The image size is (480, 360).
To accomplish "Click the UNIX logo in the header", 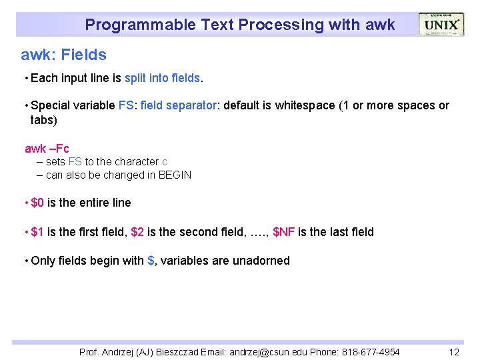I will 441,25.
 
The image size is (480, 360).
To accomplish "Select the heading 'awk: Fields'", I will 64,54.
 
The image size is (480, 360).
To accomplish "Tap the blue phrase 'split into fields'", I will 162,78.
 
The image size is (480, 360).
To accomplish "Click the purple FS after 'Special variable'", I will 125,105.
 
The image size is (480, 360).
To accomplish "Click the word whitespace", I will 305,105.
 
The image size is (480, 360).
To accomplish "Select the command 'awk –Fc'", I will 47,148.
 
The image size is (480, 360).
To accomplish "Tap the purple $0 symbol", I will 37,203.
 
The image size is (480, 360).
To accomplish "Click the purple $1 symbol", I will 37,232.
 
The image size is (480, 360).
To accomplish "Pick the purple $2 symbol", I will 137,232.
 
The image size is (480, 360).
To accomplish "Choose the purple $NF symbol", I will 284,232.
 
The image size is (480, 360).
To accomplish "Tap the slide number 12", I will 454,352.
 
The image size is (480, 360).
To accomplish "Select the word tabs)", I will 45,120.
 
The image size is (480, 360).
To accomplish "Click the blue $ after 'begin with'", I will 151,261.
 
